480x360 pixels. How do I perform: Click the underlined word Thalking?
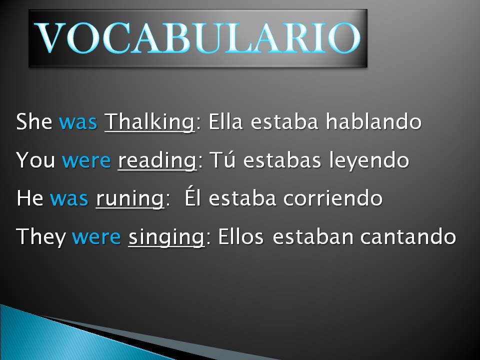tap(149, 122)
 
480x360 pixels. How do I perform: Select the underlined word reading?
tap(156, 160)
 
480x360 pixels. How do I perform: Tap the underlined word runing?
tap(129, 199)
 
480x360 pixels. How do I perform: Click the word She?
tap(34, 122)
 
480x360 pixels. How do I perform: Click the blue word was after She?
tap(78, 122)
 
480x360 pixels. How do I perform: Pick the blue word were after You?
tap(86, 160)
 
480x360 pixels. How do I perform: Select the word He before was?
tap(30, 199)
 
